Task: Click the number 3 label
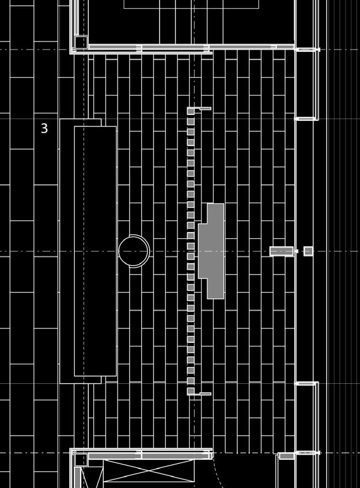[x=44, y=128]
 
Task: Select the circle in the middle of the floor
[x=134, y=251]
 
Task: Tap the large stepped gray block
[x=211, y=251]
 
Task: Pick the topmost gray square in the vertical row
[x=191, y=111]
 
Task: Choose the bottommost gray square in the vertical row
[x=191, y=391]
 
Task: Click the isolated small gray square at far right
[x=308, y=251]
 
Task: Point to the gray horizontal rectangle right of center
[x=281, y=251]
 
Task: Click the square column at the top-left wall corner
[x=81, y=43]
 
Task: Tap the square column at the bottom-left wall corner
[x=81, y=459]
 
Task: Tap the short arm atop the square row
[x=204, y=108]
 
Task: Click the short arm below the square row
[x=204, y=394]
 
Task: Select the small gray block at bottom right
[x=286, y=456]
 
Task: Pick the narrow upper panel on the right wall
[x=306, y=84]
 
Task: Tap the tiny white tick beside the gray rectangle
[x=297, y=251]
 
